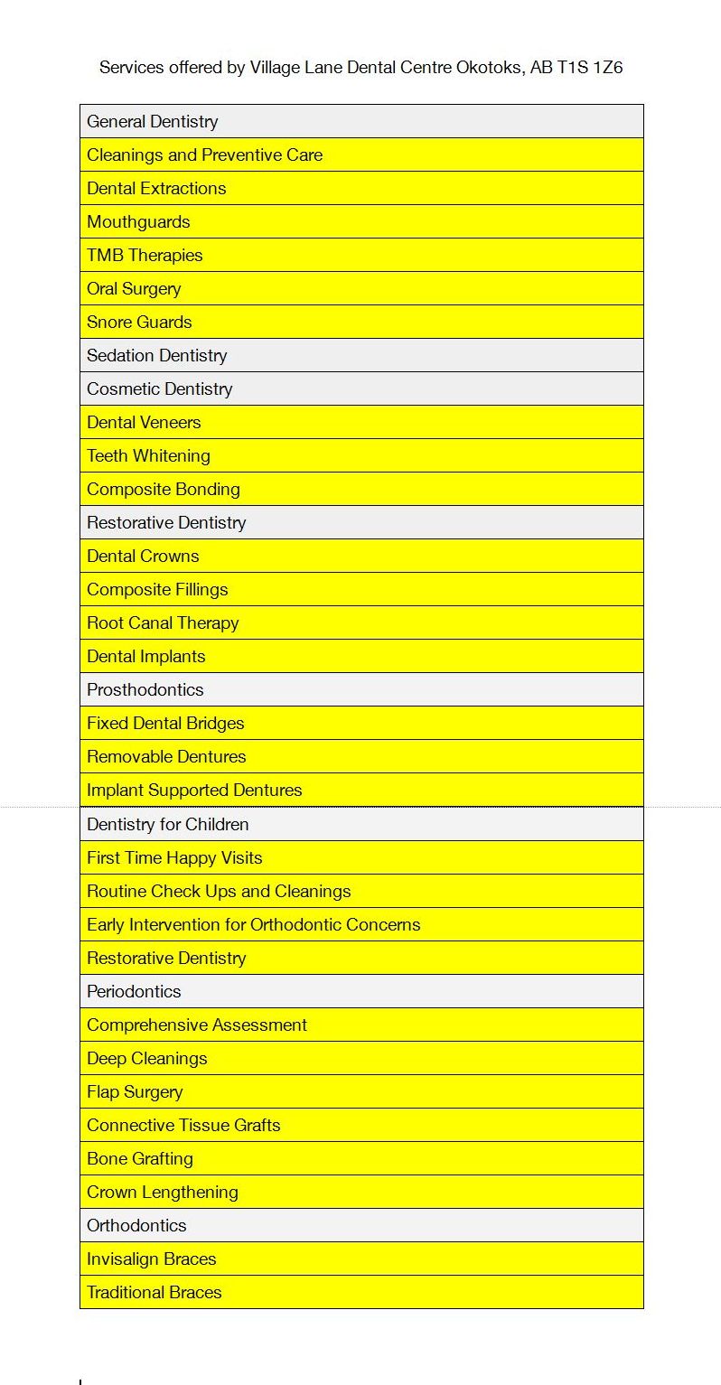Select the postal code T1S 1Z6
pos(590,67)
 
